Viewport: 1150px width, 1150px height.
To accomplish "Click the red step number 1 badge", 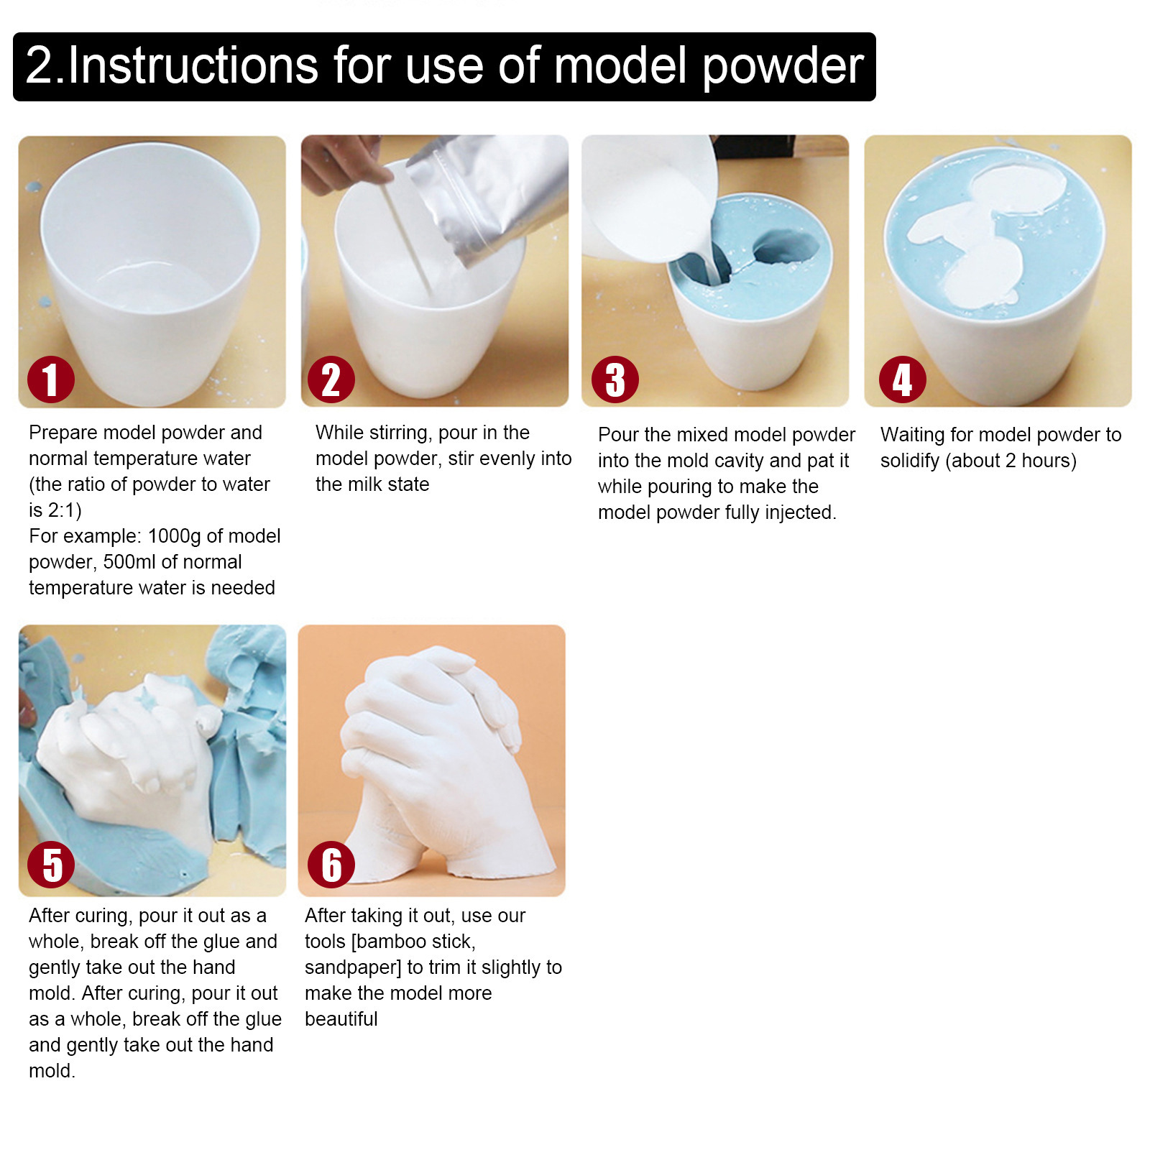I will [50, 379].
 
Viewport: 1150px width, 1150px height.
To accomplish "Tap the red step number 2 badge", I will [331, 379].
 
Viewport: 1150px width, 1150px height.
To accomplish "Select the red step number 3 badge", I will [615, 379].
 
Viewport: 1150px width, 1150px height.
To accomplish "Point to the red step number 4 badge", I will [902, 379].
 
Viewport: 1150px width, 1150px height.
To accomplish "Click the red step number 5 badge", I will [50, 865].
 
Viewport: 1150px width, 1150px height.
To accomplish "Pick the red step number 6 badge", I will [331, 865].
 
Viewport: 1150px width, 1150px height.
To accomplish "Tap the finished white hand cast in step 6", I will [438, 762].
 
